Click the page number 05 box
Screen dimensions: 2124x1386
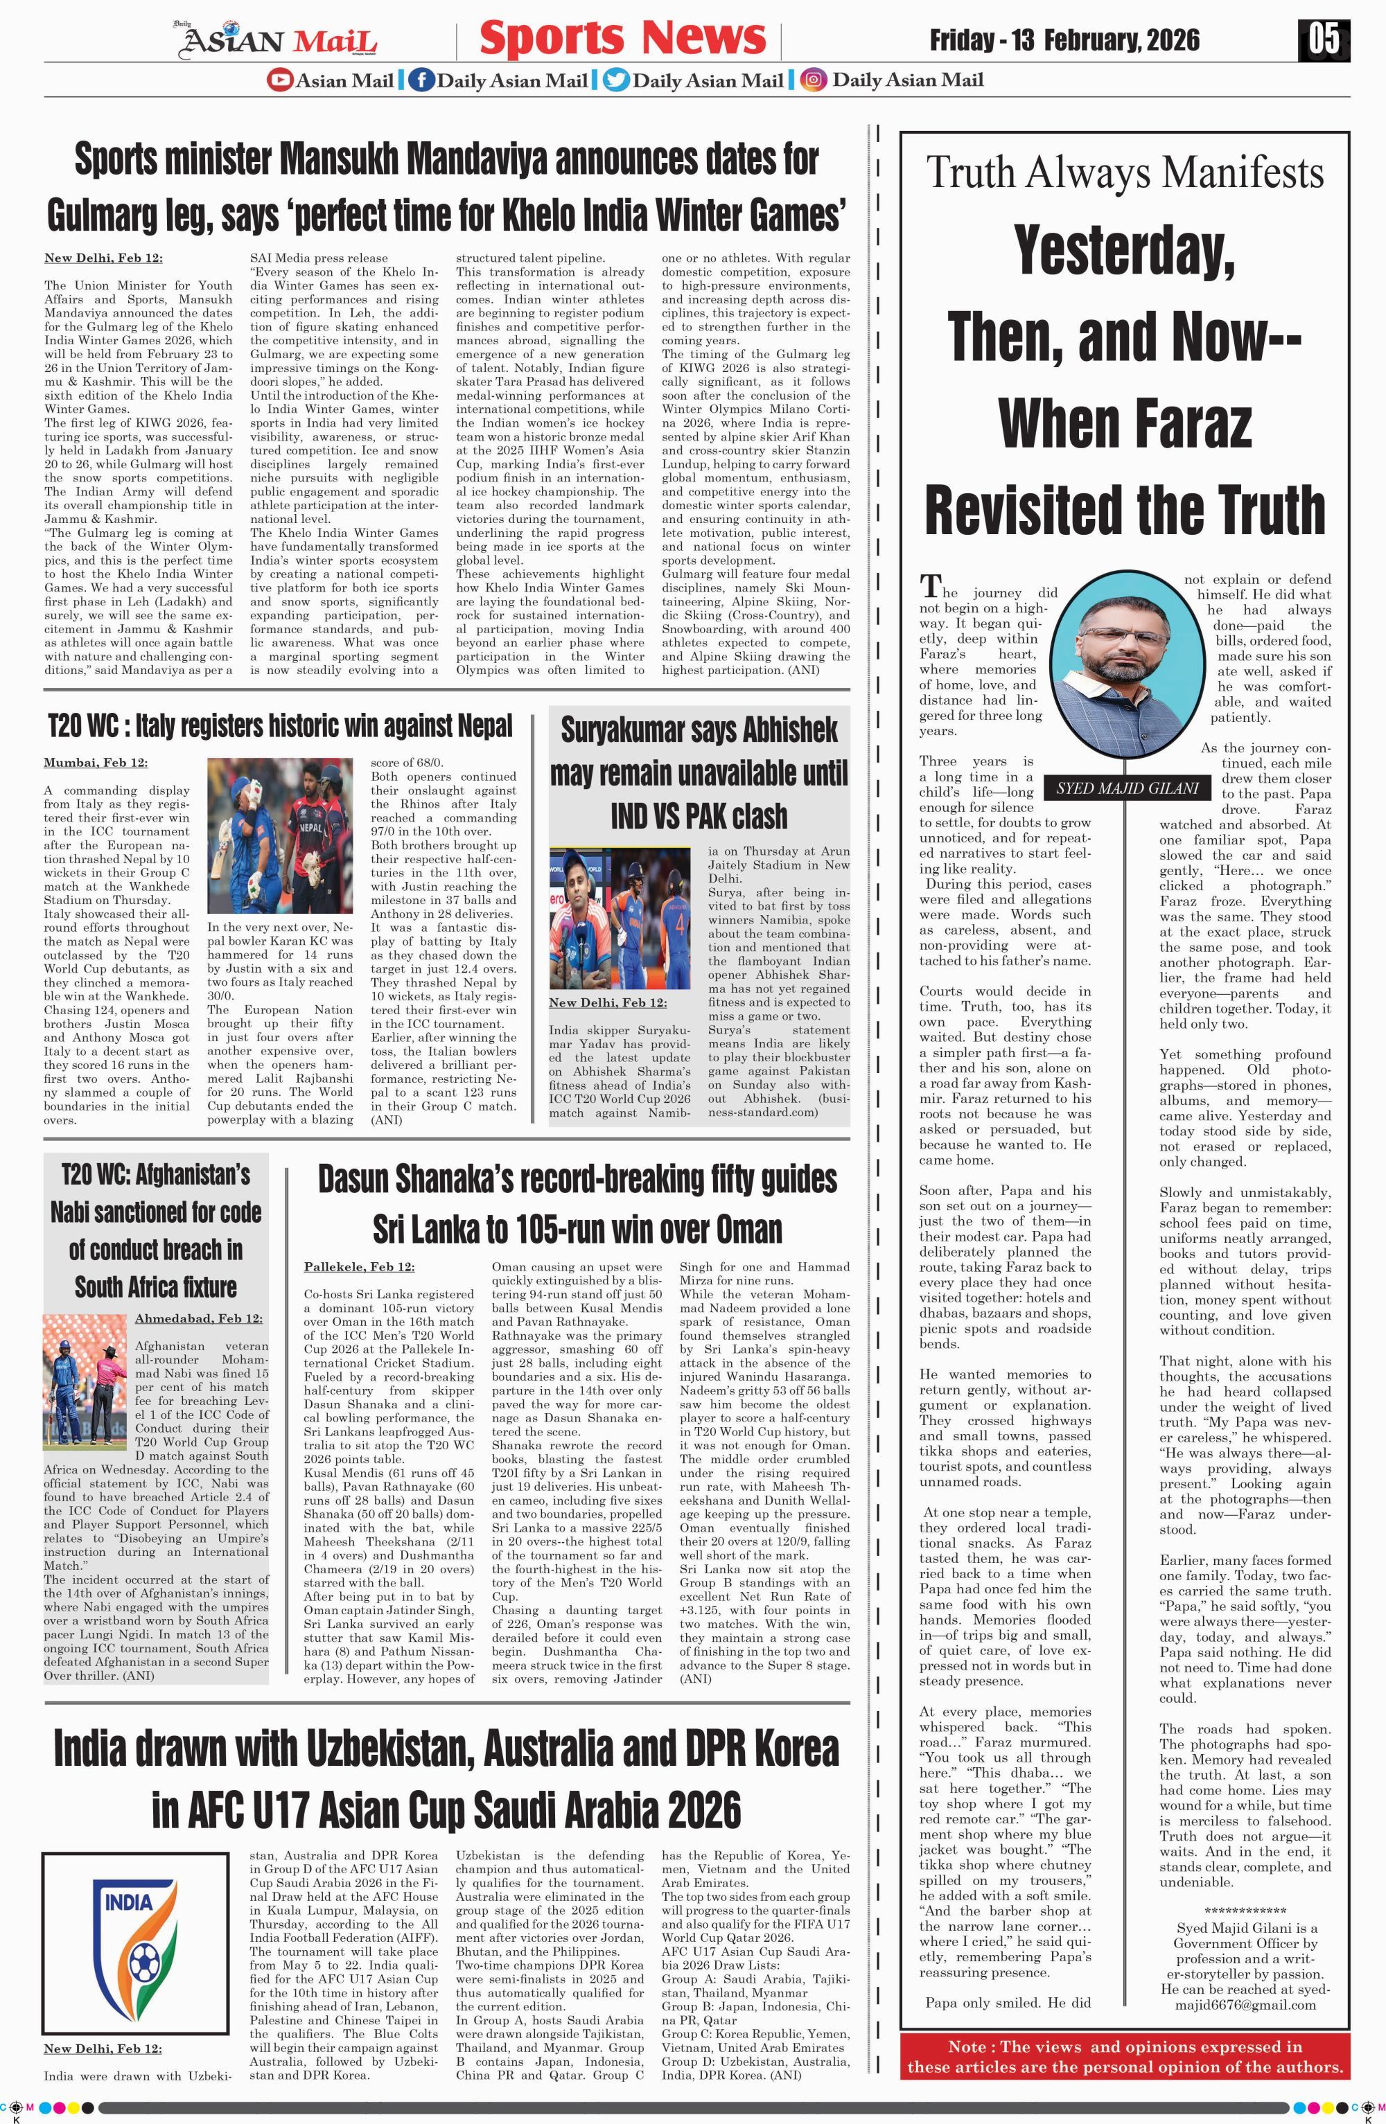[1324, 39]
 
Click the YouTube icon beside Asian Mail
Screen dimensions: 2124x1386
[279, 80]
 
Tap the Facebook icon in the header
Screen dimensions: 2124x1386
[421, 80]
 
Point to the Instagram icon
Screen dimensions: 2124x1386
[813, 80]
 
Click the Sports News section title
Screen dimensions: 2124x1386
[622, 37]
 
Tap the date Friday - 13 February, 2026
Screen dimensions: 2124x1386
[1064, 40]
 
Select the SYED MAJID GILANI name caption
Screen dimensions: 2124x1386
[1126, 788]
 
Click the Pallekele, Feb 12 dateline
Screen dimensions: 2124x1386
[359, 1266]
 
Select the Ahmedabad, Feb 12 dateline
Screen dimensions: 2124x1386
[199, 1318]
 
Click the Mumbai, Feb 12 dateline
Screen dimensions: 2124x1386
[96, 762]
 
